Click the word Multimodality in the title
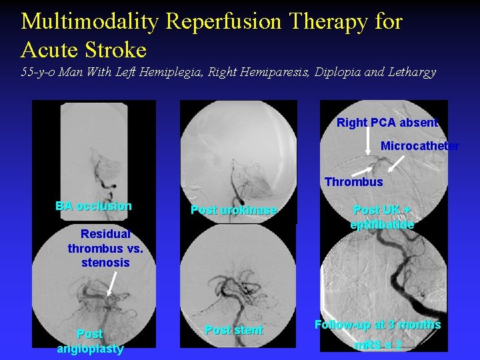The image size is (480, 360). [90, 21]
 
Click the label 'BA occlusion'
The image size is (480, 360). [93, 206]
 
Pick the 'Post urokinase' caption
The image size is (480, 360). [233, 211]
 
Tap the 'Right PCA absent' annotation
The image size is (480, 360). [387, 123]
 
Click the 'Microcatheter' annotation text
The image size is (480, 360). [419, 146]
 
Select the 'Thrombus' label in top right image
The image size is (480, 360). [353, 182]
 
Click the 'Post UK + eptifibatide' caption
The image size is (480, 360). [382, 217]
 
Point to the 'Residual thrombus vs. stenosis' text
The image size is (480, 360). [105, 248]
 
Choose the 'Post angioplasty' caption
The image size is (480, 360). [89, 341]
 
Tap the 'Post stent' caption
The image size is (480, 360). [233, 330]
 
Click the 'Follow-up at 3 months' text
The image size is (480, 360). [377, 325]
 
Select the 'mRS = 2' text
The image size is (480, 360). [377, 345]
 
